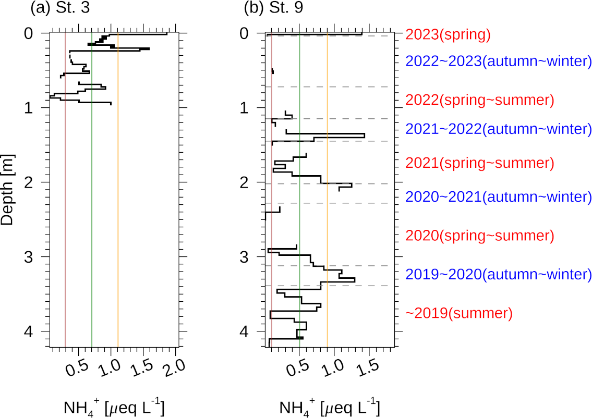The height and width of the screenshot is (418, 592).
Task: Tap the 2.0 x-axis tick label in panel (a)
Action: (173, 367)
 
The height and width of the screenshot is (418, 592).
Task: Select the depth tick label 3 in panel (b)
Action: (252, 257)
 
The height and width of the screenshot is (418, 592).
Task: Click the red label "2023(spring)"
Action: (448, 35)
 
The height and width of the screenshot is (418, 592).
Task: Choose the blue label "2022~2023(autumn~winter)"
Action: (498, 60)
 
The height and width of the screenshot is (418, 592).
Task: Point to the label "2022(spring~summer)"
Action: (479, 100)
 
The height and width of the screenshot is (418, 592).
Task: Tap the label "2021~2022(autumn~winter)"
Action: (498, 128)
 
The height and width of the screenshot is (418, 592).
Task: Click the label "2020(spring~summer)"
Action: (479, 236)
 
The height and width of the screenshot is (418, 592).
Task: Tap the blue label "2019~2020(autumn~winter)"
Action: (498, 274)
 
